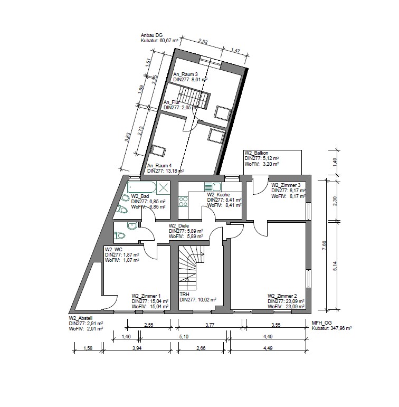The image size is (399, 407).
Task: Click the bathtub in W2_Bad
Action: pyautogui.click(x=141, y=186)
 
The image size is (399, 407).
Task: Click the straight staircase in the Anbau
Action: pyautogui.click(x=199, y=100)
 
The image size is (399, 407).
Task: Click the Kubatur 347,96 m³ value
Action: pyautogui.click(x=332, y=328)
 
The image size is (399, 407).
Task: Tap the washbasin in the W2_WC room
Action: pyautogui.click(x=132, y=226)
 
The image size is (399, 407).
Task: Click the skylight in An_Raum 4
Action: pyautogui.click(x=157, y=148)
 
